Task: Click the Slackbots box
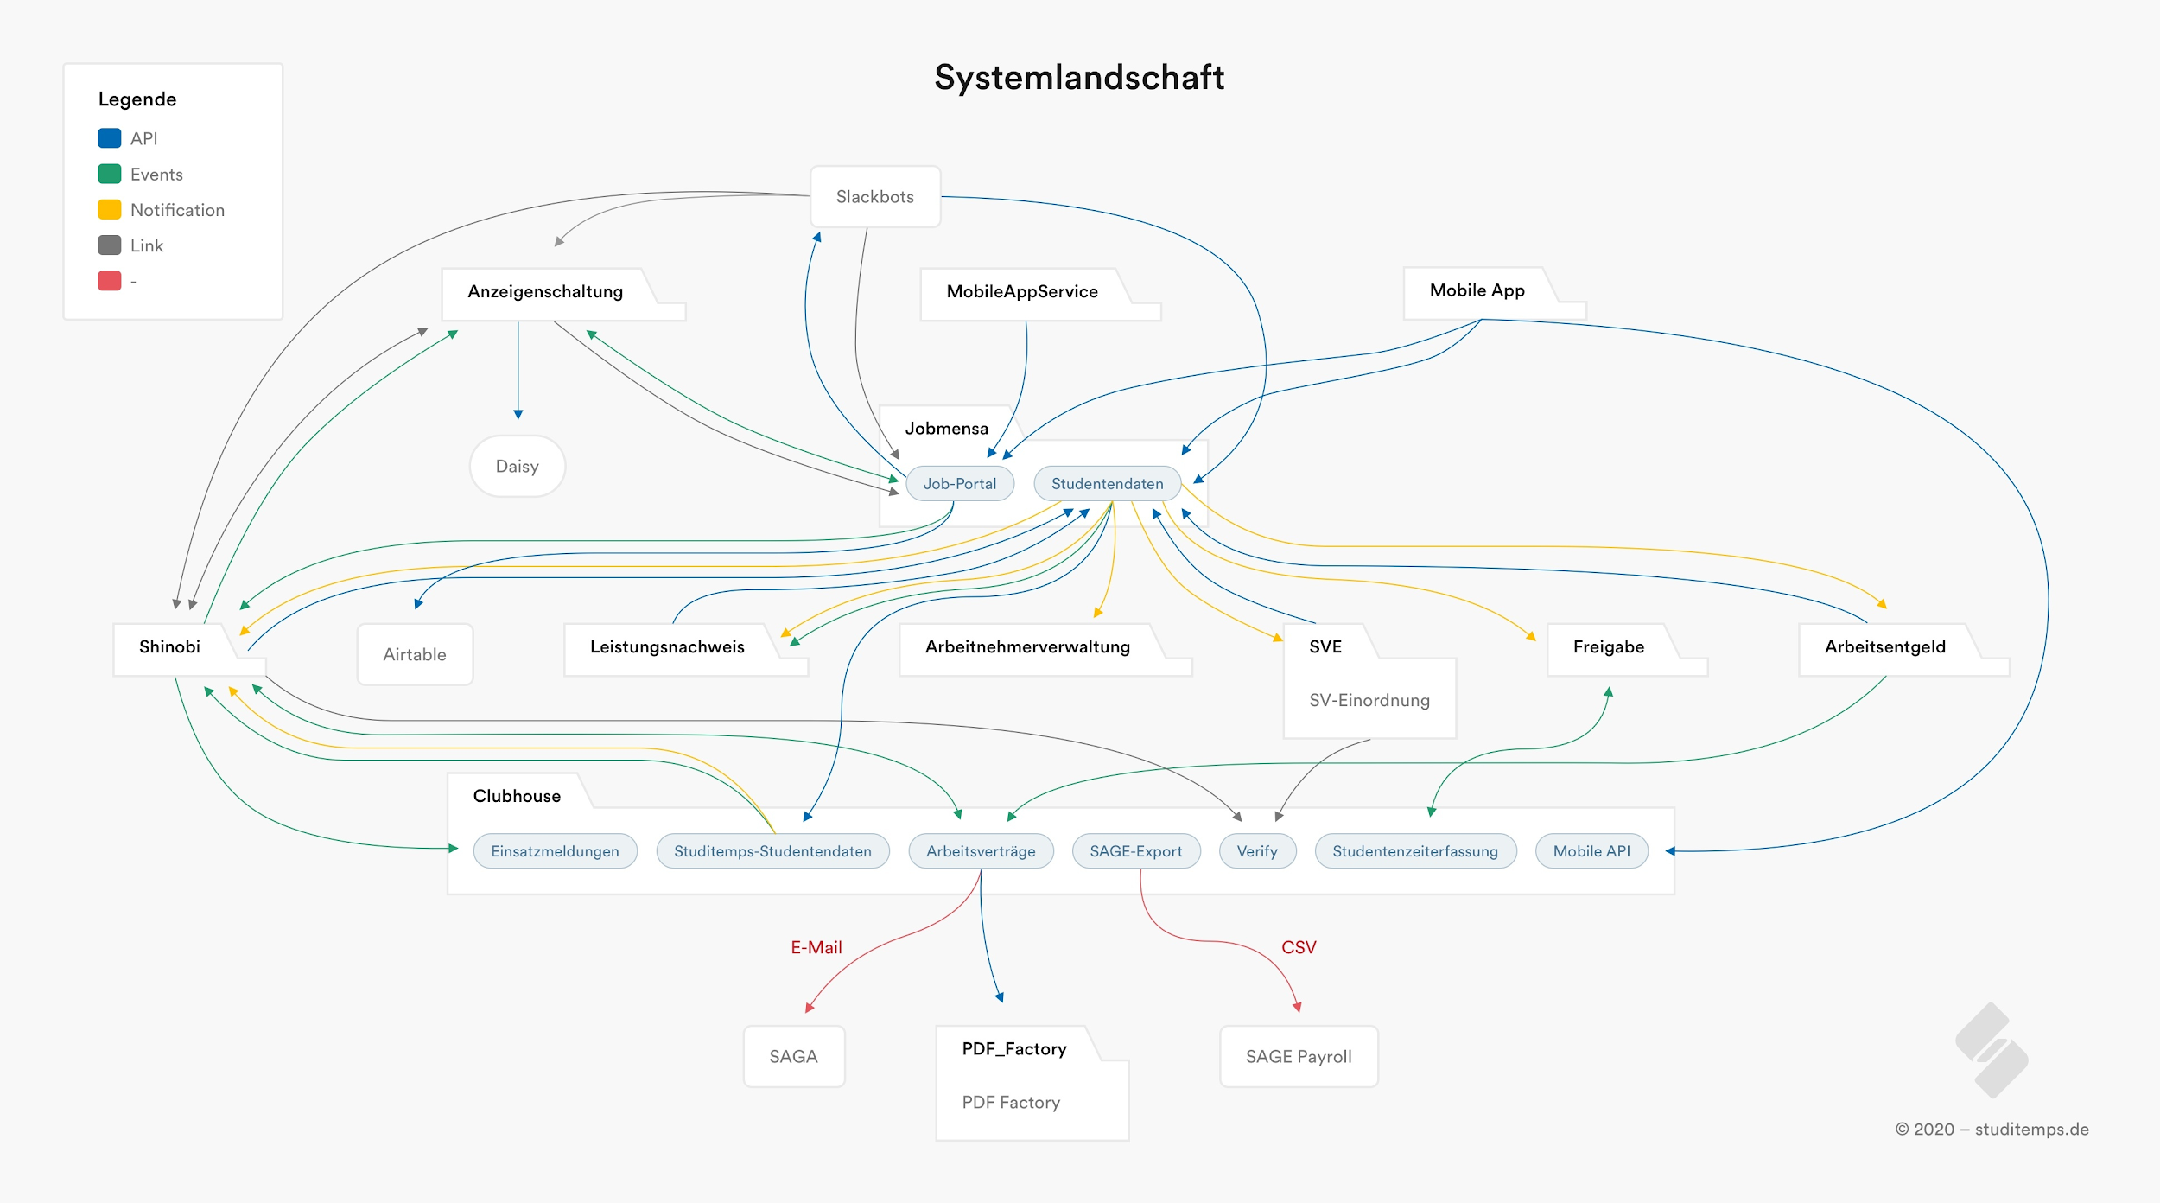pyautogui.click(x=874, y=197)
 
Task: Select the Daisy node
pyautogui.click(x=517, y=467)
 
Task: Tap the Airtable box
pyautogui.click(x=415, y=655)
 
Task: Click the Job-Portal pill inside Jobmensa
pyautogui.click(x=959, y=484)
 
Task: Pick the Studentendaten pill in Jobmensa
pyautogui.click(x=1107, y=484)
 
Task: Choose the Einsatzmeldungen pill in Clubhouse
pyautogui.click(x=555, y=851)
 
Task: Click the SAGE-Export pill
pyautogui.click(x=1135, y=851)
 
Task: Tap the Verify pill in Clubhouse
pyautogui.click(x=1256, y=851)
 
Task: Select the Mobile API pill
pyautogui.click(x=1591, y=851)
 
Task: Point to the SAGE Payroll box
pyautogui.click(x=1298, y=1056)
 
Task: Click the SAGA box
pyautogui.click(x=793, y=1056)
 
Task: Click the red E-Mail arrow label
pyautogui.click(x=816, y=947)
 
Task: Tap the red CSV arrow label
pyautogui.click(x=1298, y=947)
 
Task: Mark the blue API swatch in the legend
pyautogui.click(x=110, y=138)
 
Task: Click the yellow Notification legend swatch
pyautogui.click(x=110, y=210)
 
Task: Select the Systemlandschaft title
pyautogui.click(x=1079, y=78)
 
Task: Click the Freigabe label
pyautogui.click(x=1608, y=646)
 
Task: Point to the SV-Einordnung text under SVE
pyautogui.click(x=1369, y=700)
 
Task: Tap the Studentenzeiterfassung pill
pyautogui.click(x=1414, y=851)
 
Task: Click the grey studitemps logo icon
pyautogui.click(x=1992, y=1050)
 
